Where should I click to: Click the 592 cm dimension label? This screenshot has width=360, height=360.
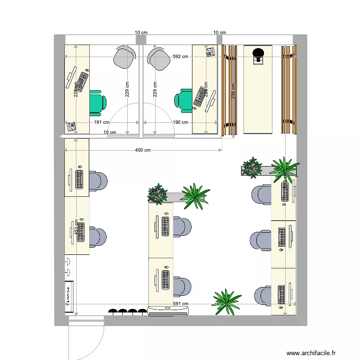click(180, 57)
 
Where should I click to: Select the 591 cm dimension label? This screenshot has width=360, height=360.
click(180, 304)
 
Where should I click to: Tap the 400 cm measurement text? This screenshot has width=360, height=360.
click(143, 150)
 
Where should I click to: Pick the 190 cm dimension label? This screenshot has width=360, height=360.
click(180, 122)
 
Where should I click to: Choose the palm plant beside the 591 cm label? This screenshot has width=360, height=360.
click(226, 301)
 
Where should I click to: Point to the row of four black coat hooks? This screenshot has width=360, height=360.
click(127, 312)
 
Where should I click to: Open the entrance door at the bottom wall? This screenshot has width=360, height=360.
click(86, 336)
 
